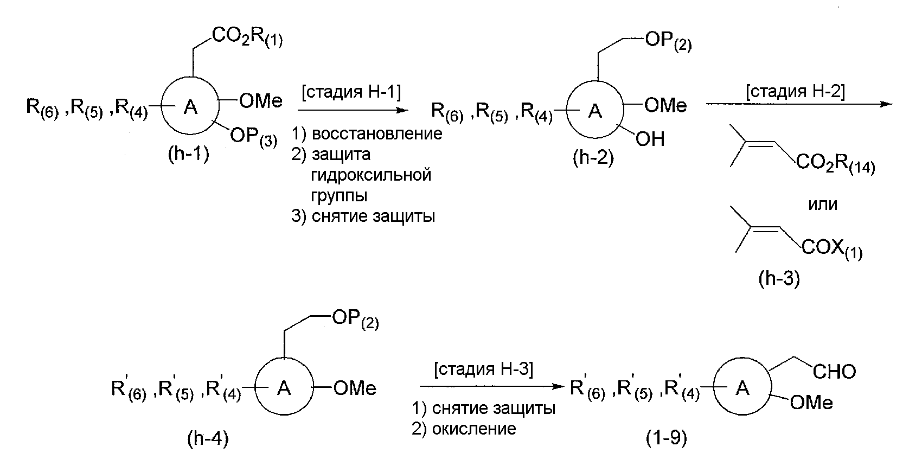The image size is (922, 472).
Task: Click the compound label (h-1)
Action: coord(188,155)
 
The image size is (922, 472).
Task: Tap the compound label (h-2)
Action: coord(593,158)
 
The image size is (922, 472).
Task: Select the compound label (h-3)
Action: coord(779,279)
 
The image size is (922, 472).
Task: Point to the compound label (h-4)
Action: coord(208,439)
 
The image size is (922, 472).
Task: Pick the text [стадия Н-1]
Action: coord(351,93)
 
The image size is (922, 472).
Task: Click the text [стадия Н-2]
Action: coord(795,92)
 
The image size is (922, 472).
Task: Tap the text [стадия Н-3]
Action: coord(484,369)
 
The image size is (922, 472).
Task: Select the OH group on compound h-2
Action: coord(650,139)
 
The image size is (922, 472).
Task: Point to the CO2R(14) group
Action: coord(835,165)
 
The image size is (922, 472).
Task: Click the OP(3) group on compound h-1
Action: coord(253,136)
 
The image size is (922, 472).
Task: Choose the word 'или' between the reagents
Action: coord(822,205)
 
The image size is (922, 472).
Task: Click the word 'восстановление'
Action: coord(377,133)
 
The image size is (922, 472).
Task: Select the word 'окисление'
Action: coord(474,429)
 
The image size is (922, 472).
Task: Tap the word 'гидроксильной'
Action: coord(372,175)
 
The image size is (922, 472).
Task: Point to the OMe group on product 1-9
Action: coord(811,403)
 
